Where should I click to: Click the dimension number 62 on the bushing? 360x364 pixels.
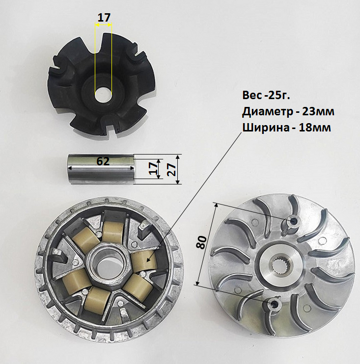pyautogui.click(x=103, y=161)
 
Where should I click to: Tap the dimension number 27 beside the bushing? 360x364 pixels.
pyautogui.click(x=171, y=169)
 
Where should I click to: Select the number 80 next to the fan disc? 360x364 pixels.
pyautogui.click(x=201, y=242)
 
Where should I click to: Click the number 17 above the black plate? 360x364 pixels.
pyautogui.click(x=104, y=18)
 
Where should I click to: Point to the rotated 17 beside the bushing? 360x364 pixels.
pyautogui.click(x=153, y=169)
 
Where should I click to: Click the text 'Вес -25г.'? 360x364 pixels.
pyautogui.click(x=266, y=95)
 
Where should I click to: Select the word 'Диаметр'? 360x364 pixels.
pyautogui.click(x=267, y=112)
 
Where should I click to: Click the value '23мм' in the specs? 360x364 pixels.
pyautogui.click(x=318, y=112)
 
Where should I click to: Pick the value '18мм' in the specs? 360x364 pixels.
pyautogui.click(x=315, y=128)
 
